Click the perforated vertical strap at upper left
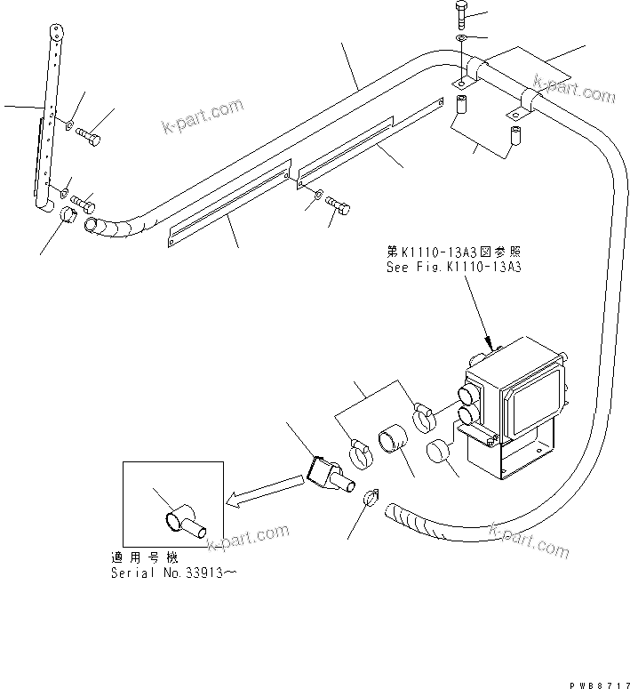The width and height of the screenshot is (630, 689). click(49, 116)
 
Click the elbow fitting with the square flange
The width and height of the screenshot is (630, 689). click(329, 476)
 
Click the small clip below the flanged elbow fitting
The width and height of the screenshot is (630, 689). click(372, 501)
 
